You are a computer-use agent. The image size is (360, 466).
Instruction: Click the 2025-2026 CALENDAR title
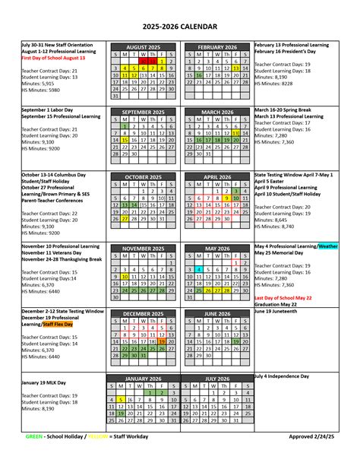coord(179,28)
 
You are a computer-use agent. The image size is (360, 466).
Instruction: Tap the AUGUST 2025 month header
coord(144,46)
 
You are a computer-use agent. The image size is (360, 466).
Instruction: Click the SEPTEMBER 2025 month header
coord(144,112)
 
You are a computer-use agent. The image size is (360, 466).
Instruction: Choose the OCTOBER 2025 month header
coord(144,176)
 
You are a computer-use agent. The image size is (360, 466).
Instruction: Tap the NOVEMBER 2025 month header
coord(144,248)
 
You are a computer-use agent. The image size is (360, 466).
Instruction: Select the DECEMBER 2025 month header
coord(144,313)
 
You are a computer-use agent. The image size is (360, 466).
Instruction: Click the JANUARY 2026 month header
coord(144,378)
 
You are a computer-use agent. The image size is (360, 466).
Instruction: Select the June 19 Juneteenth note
coord(281,311)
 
